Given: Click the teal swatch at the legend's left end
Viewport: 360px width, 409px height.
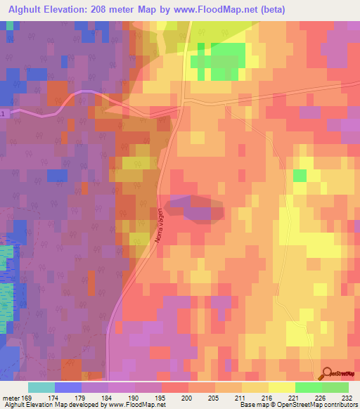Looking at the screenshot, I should click(x=41, y=387).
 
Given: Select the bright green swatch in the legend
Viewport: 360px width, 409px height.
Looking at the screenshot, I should click(x=308, y=387).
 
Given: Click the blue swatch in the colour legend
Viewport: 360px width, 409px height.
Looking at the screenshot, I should click(x=68, y=387).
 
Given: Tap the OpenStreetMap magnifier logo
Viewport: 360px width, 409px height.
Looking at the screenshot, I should click(x=327, y=374).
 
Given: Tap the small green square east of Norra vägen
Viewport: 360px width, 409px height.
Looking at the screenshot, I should click(x=300, y=175).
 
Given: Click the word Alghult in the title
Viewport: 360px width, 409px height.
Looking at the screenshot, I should click(x=24, y=9).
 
